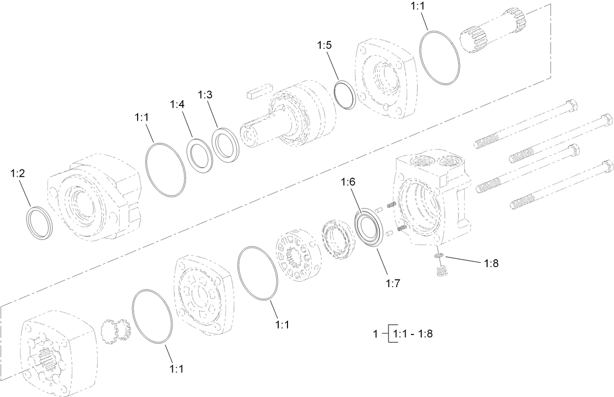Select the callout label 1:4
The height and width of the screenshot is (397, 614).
(x=178, y=104)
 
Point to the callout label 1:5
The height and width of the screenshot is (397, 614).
(x=325, y=45)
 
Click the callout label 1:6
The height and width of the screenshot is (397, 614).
(x=348, y=182)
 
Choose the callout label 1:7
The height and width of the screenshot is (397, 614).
(x=393, y=283)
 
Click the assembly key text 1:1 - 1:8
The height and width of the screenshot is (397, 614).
(x=410, y=334)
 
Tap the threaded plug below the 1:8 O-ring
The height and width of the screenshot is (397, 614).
(x=442, y=270)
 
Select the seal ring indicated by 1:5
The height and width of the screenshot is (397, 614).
(x=346, y=95)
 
